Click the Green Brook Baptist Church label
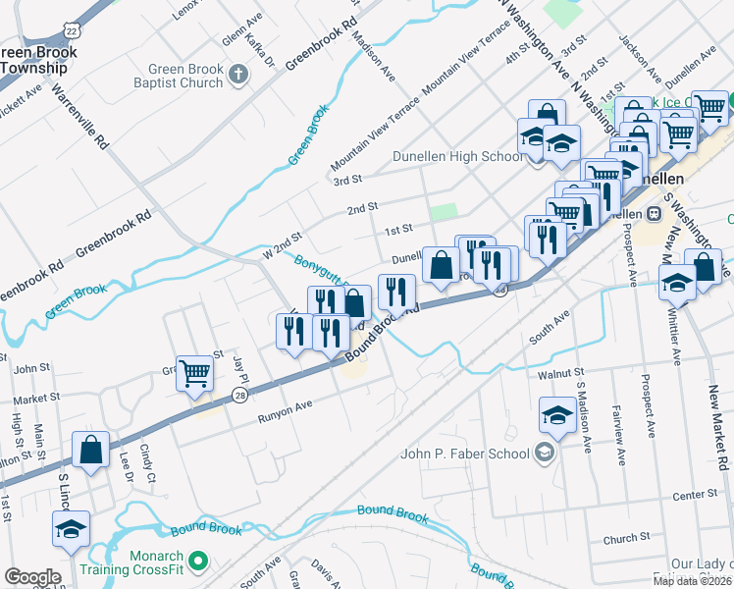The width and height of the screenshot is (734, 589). pyautogui.click(x=185, y=76)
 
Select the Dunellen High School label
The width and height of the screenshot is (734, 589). pyautogui.click(x=458, y=156)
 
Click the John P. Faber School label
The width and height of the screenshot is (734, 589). pyautogui.click(x=465, y=454)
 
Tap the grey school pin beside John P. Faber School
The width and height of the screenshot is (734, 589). pyautogui.click(x=545, y=453)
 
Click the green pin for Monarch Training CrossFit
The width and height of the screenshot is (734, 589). pyautogui.click(x=199, y=562)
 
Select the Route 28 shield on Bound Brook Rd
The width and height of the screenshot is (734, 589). pyautogui.click(x=240, y=395)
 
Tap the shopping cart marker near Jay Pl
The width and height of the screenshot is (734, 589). pyautogui.click(x=194, y=373)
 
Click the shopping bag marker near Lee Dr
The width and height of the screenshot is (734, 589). pyautogui.click(x=90, y=450)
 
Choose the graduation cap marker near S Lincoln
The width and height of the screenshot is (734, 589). pyautogui.click(x=72, y=529)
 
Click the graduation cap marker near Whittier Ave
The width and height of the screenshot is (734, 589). pyautogui.click(x=677, y=283)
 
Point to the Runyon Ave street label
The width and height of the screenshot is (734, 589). pyautogui.click(x=285, y=417)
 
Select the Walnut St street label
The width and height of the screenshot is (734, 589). pyautogui.click(x=555, y=374)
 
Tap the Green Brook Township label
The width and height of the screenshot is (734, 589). pyautogui.click(x=33, y=60)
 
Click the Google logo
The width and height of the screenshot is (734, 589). pyautogui.click(x=32, y=577)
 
